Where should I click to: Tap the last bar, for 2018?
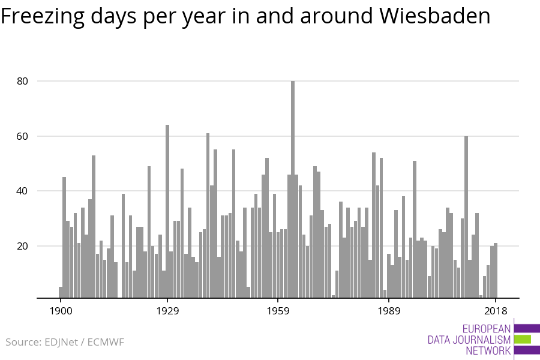(496, 270)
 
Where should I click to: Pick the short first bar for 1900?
(61, 292)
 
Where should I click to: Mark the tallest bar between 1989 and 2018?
(466, 217)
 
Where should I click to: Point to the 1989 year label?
(389, 311)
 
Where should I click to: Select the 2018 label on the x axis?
(496, 311)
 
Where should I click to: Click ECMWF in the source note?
(106, 343)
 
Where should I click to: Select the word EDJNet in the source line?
(63, 343)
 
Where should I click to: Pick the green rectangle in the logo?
(523, 339)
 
